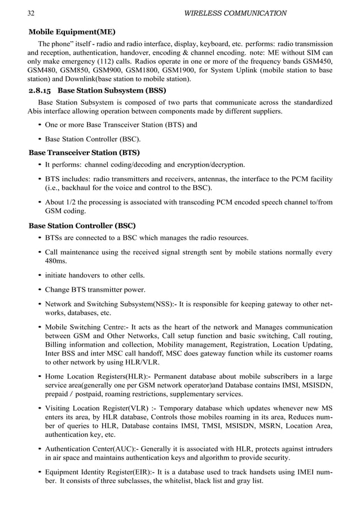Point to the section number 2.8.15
pos(40,90)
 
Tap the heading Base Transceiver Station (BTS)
pos(84,152)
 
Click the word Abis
pos(37,111)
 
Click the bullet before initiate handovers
pos(39,275)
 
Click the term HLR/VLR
pos(143,362)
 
